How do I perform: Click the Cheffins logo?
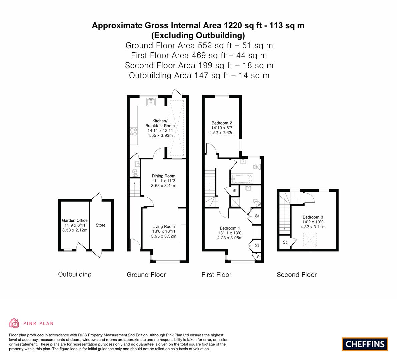[365, 344]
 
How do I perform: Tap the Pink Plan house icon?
[14, 323]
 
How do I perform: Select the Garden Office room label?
[75, 221]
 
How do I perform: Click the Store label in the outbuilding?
[101, 225]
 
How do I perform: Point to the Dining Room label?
[164, 176]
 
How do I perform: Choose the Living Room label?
[164, 227]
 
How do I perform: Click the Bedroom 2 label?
[222, 123]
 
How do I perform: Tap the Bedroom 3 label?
[313, 217]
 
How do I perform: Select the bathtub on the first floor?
[242, 178]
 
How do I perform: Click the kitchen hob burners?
[134, 132]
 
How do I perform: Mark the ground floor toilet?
[135, 173]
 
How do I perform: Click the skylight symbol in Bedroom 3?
[310, 240]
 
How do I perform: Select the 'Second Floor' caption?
[297, 275]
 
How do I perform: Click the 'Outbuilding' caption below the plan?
[75, 274]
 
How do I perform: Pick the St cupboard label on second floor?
[285, 242]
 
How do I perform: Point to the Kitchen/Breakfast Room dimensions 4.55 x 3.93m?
[160, 135]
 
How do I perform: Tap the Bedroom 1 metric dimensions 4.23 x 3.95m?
[230, 238]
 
